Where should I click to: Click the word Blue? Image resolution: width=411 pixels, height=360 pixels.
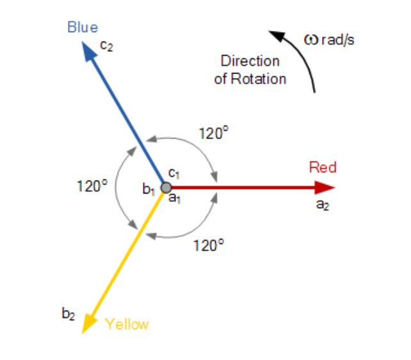point(83,28)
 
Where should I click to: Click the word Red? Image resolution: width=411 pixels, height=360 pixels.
point(323,168)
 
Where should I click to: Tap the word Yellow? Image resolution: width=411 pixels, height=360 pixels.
point(127,324)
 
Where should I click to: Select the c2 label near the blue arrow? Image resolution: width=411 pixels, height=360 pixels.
point(107,47)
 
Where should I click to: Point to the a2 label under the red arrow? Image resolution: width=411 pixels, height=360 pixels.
point(322,206)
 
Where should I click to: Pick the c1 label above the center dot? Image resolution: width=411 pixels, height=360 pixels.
point(174,173)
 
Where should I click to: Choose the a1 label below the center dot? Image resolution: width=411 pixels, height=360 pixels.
point(174,199)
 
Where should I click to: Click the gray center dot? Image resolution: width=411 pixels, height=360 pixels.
point(166,188)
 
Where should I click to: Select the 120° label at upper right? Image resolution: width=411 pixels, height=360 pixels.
point(213,134)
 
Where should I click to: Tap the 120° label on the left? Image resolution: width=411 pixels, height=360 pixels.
point(92,186)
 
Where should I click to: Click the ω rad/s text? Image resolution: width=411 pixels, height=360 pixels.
point(329,40)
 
